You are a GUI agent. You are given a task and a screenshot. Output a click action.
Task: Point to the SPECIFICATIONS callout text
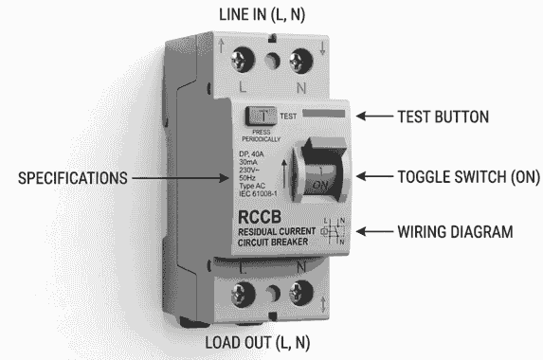(x=69, y=177)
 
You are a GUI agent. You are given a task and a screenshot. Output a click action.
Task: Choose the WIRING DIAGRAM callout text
(x=458, y=231)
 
